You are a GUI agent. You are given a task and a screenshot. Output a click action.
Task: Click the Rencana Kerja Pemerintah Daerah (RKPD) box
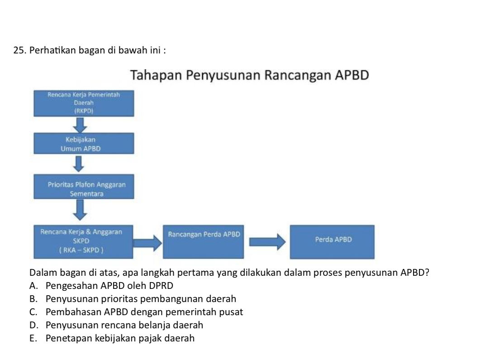84,103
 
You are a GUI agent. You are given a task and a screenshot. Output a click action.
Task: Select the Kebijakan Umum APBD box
84,144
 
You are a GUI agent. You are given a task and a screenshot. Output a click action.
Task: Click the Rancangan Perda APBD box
204,241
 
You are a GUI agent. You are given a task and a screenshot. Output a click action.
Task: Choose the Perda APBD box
333,241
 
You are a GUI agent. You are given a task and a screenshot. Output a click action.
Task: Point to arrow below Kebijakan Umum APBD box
79,164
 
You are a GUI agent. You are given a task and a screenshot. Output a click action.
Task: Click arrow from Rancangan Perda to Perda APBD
267,241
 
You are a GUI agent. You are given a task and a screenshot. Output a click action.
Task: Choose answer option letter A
33,286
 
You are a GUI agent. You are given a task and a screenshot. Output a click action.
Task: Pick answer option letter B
33,299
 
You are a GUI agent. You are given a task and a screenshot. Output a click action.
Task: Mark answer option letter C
33,312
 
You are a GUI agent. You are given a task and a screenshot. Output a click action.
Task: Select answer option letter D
33,326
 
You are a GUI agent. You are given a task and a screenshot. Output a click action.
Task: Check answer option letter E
33,339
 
